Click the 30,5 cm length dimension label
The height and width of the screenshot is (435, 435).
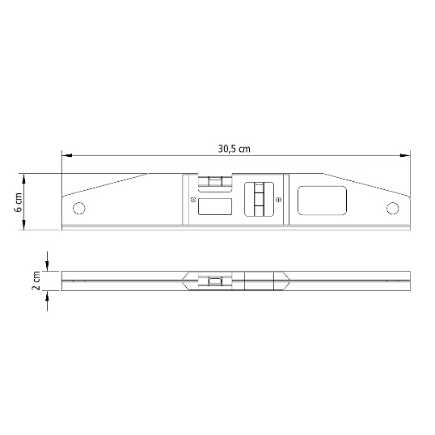[x=234, y=149]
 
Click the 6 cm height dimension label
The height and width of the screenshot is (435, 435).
[x=19, y=202]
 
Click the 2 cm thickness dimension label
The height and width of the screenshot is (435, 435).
[x=36, y=281]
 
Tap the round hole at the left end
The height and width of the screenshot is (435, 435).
[x=78, y=208]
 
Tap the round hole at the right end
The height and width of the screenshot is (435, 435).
[x=393, y=208]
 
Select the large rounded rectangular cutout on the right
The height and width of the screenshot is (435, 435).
[x=322, y=201]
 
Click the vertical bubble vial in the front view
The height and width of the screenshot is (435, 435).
[x=259, y=199]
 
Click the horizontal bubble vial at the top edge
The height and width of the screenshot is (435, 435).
[x=215, y=182]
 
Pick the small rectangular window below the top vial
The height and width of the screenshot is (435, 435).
[x=215, y=206]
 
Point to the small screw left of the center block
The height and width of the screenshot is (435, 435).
[x=193, y=199]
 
